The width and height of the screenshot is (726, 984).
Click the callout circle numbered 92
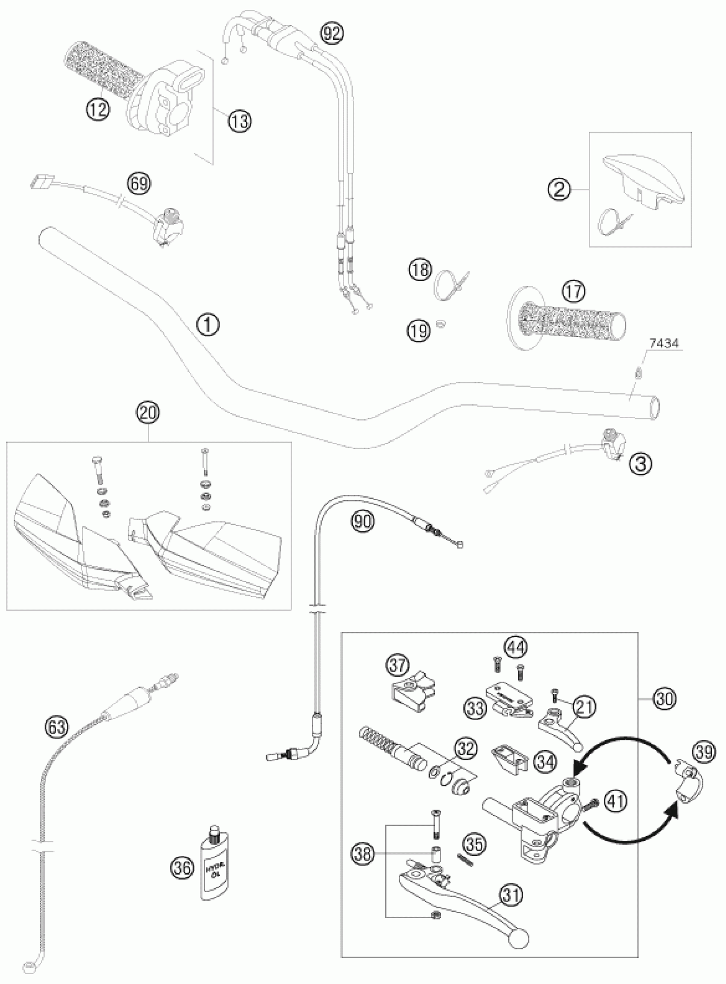pos(332,33)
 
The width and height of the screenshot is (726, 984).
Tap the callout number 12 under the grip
pos(97,107)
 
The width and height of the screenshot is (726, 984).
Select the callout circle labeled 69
pos(139,183)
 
